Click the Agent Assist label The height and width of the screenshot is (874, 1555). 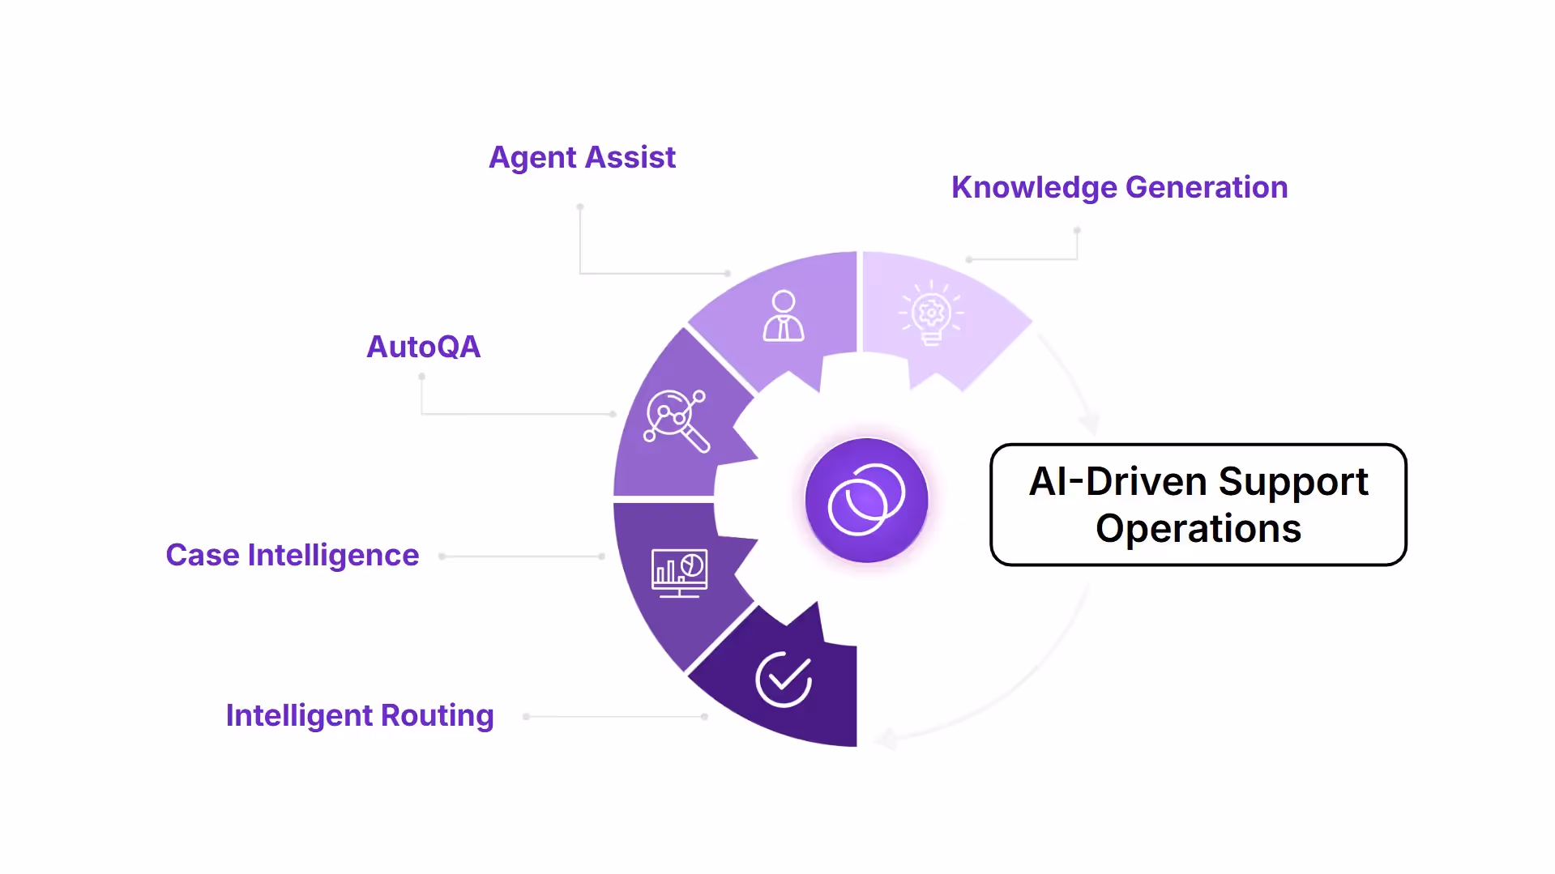(x=582, y=157)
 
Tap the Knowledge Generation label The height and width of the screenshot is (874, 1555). (x=1119, y=187)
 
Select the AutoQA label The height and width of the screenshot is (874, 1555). (x=423, y=347)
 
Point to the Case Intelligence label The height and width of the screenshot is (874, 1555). (x=292, y=555)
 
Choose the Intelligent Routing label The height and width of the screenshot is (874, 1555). (x=359, y=715)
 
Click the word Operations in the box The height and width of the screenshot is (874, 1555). (x=1198, y=528)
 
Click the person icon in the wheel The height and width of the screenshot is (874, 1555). (x=783, y=317)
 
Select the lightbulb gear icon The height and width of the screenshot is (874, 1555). (x=931, y=313)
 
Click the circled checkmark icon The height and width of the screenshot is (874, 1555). (x=784, y=679)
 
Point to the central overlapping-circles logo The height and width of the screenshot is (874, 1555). (x=866, y=500)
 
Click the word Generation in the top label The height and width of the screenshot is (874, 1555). (x=1206, y=187)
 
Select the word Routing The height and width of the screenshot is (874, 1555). (x=437, y=715)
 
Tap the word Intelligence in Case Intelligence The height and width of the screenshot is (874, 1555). (x=333, y=555)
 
